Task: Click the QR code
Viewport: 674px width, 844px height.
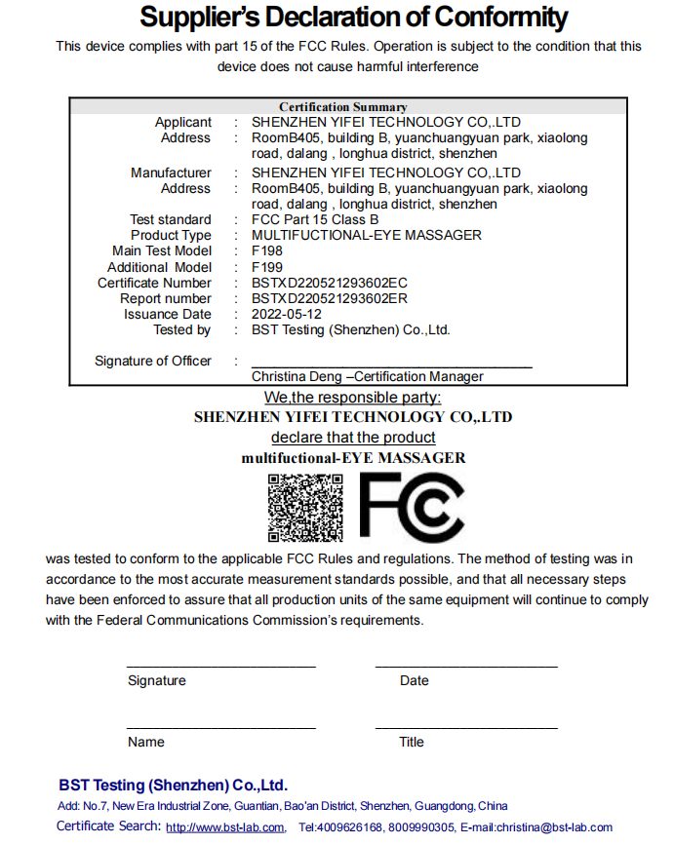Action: tap(304, 507)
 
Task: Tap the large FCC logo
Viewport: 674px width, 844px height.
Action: tap(412, 507)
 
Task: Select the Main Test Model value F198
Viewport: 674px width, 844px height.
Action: tap(267, 251)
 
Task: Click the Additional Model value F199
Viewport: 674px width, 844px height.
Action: tap(267, 267)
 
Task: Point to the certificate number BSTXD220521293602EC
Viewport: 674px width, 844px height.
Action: tap(330, 283)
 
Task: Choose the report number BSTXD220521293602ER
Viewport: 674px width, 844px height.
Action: tap(330, 298)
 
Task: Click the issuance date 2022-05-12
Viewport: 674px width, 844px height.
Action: tap(287, 314)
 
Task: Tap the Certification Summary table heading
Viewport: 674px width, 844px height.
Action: tap(343, 106)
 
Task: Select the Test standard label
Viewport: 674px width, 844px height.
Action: tap(171, 219)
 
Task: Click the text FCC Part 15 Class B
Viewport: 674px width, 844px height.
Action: tap(315, 219)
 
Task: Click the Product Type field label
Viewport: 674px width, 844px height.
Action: tap(171, 235)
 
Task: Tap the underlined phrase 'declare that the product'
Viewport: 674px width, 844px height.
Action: tap(353, 437)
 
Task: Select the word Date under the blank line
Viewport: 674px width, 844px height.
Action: tap(414, 680)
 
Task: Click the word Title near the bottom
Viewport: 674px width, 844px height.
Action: tap(412, 742)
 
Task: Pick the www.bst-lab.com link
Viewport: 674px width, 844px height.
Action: tap(225, 827)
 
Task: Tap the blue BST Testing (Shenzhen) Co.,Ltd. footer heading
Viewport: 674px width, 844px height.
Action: tap(173, 785)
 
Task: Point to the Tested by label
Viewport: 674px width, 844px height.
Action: tap(181, 329)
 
